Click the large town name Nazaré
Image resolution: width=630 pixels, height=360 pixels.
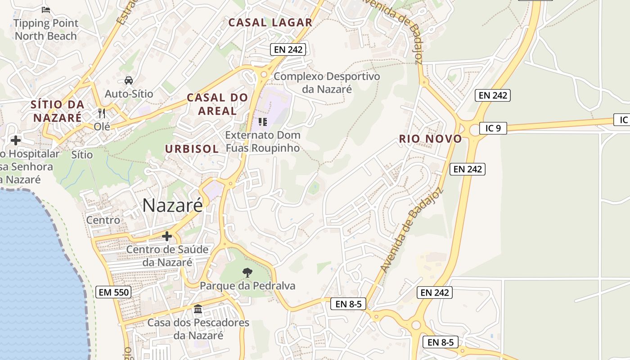click(x=173, y=206)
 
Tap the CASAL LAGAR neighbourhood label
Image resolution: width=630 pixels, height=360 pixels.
click(x=270, y=22)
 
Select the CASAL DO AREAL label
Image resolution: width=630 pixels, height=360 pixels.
click(x=217, y=104)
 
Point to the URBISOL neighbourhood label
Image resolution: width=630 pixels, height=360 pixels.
click(x=192, y=149)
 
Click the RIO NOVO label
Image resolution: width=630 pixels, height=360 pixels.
click(x=431, y=139)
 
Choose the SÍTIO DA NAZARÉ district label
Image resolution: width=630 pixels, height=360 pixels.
click(x=57, y=111)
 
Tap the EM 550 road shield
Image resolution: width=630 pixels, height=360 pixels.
click(x=113, y=292)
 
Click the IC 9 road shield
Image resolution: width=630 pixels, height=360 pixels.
click(x=493, y=128)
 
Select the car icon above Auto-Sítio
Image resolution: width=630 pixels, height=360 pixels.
click(x=129, y=81)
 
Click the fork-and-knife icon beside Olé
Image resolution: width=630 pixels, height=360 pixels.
click(x=102, y=113)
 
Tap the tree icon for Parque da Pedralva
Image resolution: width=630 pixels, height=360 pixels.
click(x=247, y=272)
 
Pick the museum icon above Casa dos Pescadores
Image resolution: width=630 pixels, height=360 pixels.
click(x=198, y=309)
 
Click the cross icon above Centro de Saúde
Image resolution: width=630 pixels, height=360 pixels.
click(x=167, y=236)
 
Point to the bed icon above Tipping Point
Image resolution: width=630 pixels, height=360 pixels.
click(x=45, y=9)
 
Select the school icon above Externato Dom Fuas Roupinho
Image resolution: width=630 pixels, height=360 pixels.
click(x=263, y=121)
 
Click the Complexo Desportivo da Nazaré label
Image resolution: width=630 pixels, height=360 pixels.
click(x=327, y=82)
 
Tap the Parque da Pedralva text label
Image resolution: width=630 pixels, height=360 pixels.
click(x=247, y=286)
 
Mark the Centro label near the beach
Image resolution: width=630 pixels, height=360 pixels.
click(x=103, y=220)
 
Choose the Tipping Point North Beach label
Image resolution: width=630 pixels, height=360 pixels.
click(x=46, y=29)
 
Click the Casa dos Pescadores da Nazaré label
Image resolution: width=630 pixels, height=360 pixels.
click(x=198, y=329)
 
